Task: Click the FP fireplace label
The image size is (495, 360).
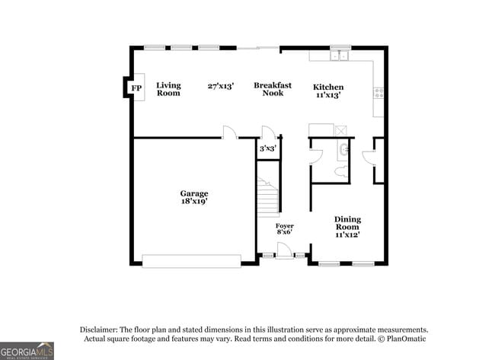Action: [136, 89]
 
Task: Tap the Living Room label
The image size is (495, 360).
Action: [168, 89]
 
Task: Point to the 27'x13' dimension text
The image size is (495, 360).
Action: [221, 86]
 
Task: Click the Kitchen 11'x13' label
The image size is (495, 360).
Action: [328, 91]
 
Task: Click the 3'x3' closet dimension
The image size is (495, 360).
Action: [267, 148]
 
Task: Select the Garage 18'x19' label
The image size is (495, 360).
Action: [193, 198]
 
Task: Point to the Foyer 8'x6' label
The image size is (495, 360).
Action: [284, 229]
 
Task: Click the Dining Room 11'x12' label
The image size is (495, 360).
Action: [347, 227]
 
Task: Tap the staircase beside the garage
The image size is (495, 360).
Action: [267, 197]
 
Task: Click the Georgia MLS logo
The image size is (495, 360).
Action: [27, 350]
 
